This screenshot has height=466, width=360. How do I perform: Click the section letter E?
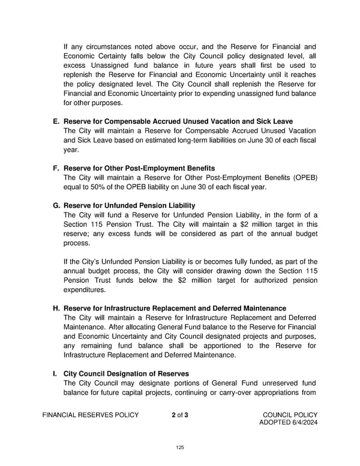coord(56,121)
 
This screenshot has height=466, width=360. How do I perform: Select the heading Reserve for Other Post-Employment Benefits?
coord(139,168)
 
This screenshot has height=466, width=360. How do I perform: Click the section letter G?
coord(56,205)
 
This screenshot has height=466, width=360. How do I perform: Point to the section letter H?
coord(56,308)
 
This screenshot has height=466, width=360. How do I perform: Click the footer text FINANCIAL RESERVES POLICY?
coord(91,415)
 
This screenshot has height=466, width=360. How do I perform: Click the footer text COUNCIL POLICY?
coord(290,415)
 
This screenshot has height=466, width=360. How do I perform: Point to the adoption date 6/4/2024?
coord(302,423)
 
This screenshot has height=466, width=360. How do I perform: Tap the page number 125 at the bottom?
coord(180,447)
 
